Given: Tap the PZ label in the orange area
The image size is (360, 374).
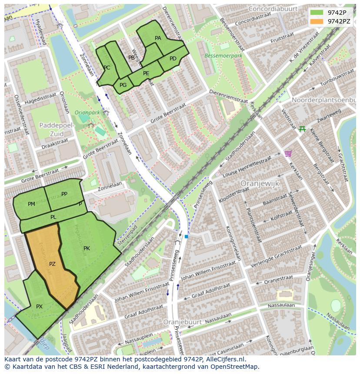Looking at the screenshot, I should (x=52, y=264).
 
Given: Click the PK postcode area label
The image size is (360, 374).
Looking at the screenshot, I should (x=87, y=248).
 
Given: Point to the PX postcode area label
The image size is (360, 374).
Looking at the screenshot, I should (x=39, y=306).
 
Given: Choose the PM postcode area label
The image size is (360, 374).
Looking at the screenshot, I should (x=31, y=204).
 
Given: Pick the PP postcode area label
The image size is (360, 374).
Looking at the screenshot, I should (x=64, y=194).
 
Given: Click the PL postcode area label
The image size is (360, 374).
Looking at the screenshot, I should (x=53, y=217).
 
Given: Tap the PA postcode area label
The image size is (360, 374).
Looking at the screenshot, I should (x=158, y=38).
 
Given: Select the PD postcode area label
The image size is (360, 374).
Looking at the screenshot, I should (x=173, y=59).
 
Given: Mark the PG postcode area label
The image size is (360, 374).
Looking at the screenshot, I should (x=123, y=85).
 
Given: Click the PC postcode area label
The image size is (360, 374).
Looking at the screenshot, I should (x=107, y=67).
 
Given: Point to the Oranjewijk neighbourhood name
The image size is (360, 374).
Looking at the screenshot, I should (x=260, y=183).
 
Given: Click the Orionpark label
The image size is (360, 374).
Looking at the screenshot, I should (x=87, y=112).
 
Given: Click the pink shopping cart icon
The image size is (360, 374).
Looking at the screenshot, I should (x=287, y=153).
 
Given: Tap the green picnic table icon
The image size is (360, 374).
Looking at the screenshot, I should (x=302, y=129).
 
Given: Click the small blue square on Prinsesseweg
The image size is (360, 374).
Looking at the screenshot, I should (x=186, y=236).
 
